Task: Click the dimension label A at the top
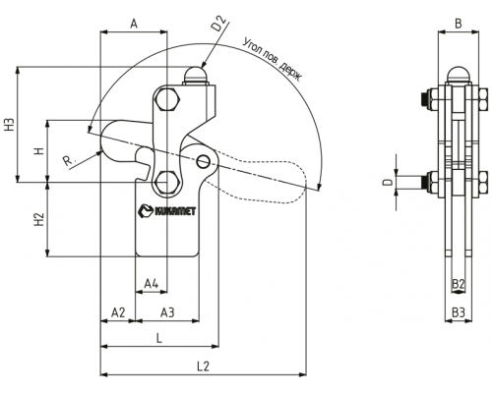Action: [x=134, y=24]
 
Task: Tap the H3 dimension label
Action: [x=11, y=125]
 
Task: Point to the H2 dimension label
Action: [x=39, y=219]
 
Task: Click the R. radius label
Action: [x=69, y=161]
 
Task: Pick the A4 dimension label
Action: [x=152, y=284]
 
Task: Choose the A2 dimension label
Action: [x=118, y=312]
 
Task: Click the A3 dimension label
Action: [x=167, y=312]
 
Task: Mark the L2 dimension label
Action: [x=203, y=366]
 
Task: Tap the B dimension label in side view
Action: [x=459, y=24]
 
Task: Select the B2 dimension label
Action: [x=459, y=284]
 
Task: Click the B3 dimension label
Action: [x=459, y=312]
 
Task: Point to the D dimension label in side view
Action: [x=389, y=182]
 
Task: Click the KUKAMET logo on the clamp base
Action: [x=167, y=210]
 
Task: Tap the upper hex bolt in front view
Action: [x=167, y=99]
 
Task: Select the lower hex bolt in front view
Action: [x=167, y=183]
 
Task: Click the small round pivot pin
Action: [x=204, y=161]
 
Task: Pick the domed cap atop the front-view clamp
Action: [x=196, y=75]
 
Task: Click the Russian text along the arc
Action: [x=273, y=60]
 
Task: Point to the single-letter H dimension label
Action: [x=39, y=151]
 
